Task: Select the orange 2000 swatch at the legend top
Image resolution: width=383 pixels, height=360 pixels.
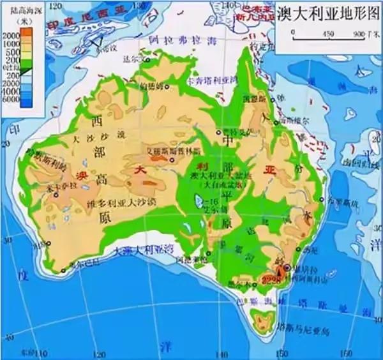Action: pyautogui.click(x=29, y=34)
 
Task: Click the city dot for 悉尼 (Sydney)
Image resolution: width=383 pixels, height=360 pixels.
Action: pyautogui.click(x=299, y=251)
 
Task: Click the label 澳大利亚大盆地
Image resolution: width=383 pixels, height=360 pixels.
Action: pyautogui.click(x=217, y=175)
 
